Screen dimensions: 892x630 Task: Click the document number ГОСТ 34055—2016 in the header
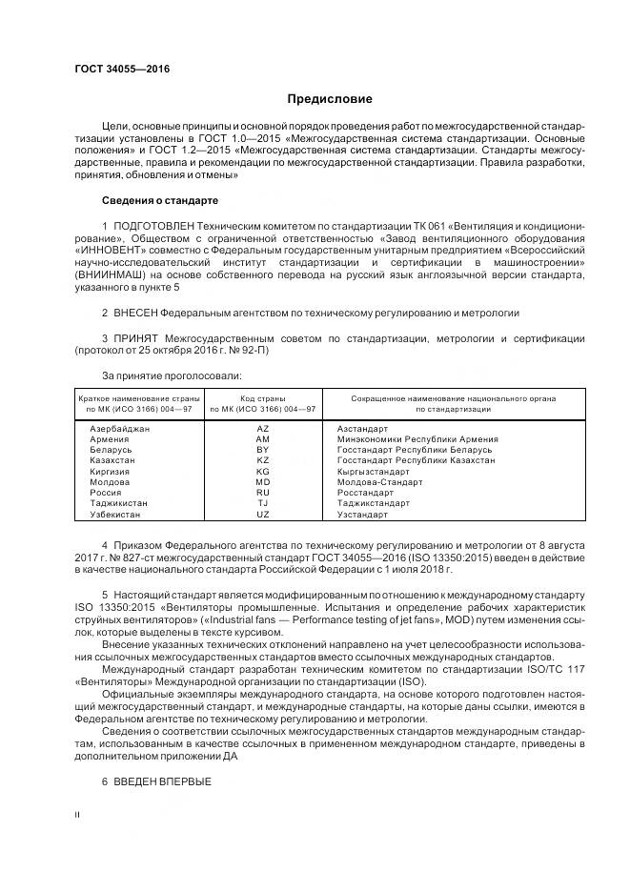(115, 69)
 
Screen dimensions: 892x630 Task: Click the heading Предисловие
(331, 99)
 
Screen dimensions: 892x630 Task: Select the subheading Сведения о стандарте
(160, 201)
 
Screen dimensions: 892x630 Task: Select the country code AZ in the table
(263, 429)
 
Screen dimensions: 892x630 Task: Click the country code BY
(263, 450)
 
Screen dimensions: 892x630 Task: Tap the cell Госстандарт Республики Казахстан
(416, 460)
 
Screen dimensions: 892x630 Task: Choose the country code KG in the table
(263, 472)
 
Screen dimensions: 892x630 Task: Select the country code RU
(263, 493)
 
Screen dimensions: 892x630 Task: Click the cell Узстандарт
(362, 515)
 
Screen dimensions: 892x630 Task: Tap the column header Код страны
(263, 397)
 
